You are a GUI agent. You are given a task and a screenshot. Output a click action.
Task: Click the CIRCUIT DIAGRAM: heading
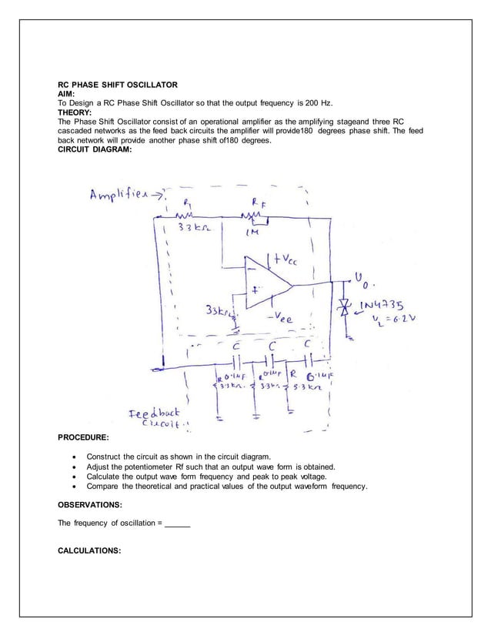(x=95, y=149)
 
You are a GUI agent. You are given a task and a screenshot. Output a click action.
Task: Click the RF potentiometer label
(x=256, y=200)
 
